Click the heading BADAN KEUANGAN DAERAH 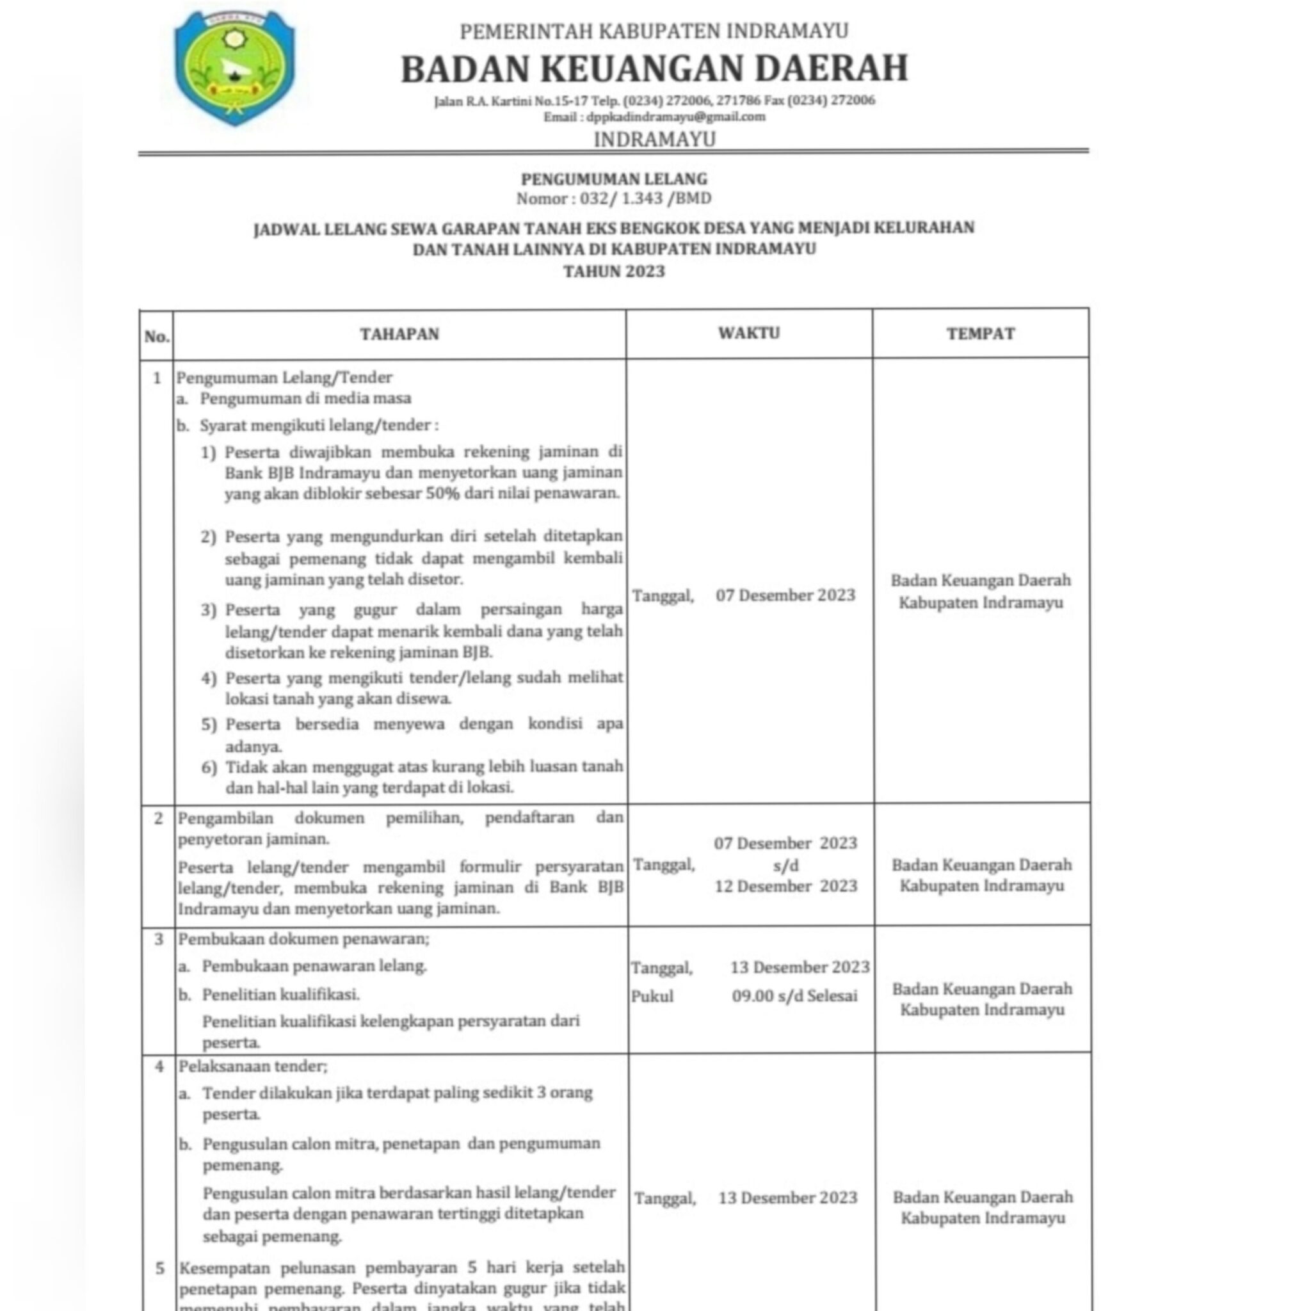click(x=654, y=68)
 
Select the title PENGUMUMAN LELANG click(x=614, y=179)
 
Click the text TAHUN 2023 click(x=614, y=271)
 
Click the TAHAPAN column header click(x=399, y=334)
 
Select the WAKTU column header click(x=749, y=333)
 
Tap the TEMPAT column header click(x=981, y=333)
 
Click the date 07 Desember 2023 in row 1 click(x=785, y=595)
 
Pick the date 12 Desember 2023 click(x=786, y=886)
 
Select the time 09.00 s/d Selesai click(x=794, y=996)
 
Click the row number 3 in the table click(x=159, y=940)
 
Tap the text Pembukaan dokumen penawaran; click(x=303, y=939)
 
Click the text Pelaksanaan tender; click(x=253, y=1066)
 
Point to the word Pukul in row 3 click(x=652, y=997)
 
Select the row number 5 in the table click(x=159, y=1268)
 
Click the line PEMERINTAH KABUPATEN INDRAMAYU click(x=654, y=31)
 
